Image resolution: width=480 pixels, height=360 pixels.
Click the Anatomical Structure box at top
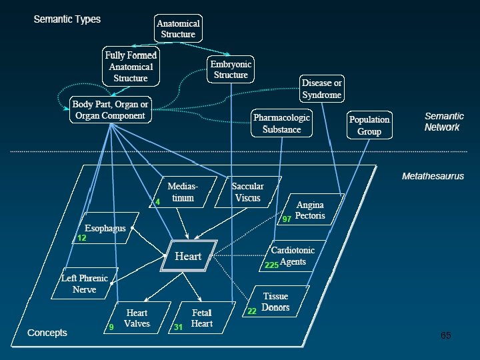tap(178, 29)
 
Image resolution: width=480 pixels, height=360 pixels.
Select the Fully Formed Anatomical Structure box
tap(130, 66)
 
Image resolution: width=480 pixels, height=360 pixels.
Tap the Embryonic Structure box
tap(231, 69)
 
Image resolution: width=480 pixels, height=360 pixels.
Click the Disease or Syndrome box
tap(321, 89)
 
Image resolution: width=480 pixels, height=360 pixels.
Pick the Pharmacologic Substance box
tap(281, 123)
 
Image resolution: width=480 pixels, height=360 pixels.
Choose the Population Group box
tap(369, 125)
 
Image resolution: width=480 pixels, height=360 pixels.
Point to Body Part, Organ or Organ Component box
tap(110, 110)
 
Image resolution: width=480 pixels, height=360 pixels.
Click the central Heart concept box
tap(188, 256)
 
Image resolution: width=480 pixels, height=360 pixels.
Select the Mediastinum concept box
tap(181, 192)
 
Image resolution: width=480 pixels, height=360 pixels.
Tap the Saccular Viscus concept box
tap(247, 192)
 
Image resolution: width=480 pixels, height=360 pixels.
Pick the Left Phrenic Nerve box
tap(84, 284)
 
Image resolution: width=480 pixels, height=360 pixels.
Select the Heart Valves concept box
tap(137, 318)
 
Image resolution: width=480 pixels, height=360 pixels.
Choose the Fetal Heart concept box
tap(201, 318)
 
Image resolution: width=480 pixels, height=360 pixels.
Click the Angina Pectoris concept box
tap(310, 210)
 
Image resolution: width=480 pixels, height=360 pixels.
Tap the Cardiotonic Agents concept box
tap(293, 256)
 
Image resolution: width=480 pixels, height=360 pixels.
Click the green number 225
tap(271, 265)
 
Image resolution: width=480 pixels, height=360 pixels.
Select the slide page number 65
tap(445, 335)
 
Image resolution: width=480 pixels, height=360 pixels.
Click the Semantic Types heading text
tap(67, 19)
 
